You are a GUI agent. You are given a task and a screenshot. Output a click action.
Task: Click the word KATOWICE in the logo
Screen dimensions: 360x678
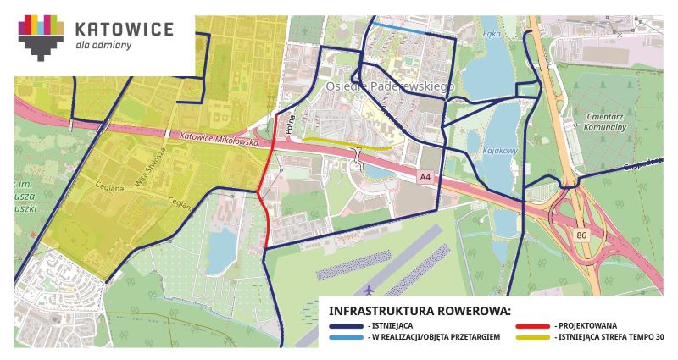tap(124, 30)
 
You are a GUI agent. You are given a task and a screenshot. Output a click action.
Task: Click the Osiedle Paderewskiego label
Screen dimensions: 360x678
tap(390, 86)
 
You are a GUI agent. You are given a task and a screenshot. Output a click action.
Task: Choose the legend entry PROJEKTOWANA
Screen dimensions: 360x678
tap(586, 325)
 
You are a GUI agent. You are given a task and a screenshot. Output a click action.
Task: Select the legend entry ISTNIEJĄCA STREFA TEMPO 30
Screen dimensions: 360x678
tap(609, 337)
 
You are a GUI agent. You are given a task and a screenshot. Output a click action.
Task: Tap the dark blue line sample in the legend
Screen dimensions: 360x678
tap(343, 325)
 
